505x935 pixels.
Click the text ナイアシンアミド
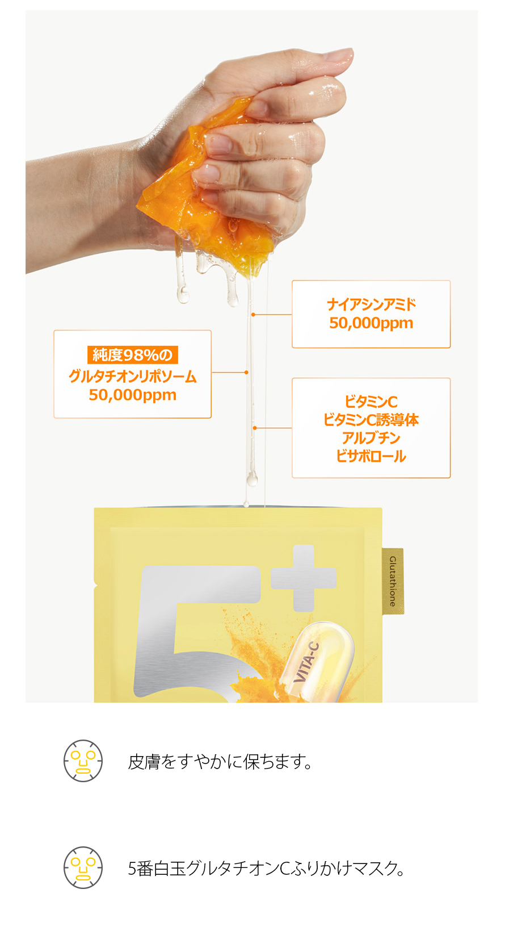[x=371, y=304]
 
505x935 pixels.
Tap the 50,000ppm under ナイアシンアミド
[x=371, y=323]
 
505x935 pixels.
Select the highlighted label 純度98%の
[x=132, y=355]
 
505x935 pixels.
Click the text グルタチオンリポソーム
[x=132, y=376]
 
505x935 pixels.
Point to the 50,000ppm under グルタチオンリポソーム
[x=132, y=395]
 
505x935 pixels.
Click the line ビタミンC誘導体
[x=371, y=420]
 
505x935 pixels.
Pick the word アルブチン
[x=371, y=438]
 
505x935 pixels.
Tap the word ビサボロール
[x=371, y=456]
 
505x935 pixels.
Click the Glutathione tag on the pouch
[x=393, y=581]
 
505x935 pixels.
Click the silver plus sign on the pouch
[x=304, y=578]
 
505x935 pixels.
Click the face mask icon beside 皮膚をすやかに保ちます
[x=83, y=761]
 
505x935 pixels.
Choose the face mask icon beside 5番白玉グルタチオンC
[x=83, y=867]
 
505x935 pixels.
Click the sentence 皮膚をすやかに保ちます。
[x=220, y=762]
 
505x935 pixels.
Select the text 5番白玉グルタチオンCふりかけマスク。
[x=266, y=869]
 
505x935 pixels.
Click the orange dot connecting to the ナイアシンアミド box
[x=253, y=314]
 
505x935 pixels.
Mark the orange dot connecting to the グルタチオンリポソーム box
[x=246, y=372]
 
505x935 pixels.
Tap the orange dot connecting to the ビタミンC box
[x=255, y=428]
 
